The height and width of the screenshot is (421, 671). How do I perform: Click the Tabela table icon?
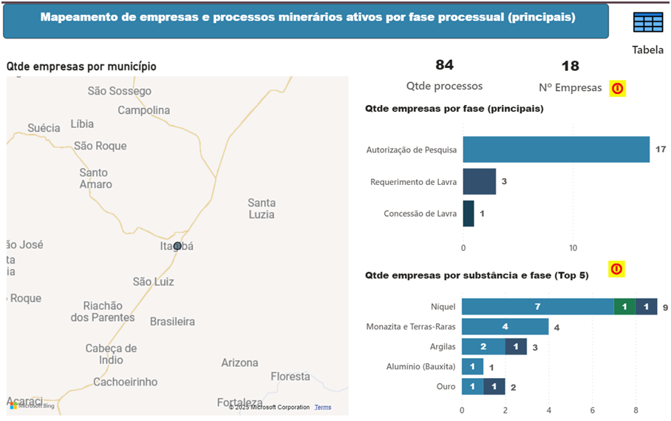pos(648,23)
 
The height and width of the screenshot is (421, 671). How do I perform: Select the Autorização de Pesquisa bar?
pos(556,149)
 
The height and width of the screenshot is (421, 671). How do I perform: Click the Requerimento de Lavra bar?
pos(479,181)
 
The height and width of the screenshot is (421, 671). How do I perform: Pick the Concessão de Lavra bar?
pos(469,214)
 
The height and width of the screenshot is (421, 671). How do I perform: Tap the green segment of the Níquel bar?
pos(624,306)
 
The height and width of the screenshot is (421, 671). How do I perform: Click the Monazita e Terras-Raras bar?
pos(505,326)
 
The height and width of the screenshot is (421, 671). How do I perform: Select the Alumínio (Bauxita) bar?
pos(472,366)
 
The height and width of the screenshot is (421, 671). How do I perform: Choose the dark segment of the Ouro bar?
pos(494,386)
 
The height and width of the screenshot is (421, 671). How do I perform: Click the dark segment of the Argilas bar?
pos(516,346)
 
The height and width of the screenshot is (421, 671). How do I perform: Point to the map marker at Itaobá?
pos(177,246)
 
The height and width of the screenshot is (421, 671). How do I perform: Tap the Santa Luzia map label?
pos(262,209)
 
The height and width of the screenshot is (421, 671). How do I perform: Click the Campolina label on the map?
pos(144,110)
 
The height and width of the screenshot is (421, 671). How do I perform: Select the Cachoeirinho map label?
pos(126,382)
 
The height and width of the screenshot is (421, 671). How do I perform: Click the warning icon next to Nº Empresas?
pos(617,89)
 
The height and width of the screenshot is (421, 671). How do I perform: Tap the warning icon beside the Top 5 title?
pos(616,269)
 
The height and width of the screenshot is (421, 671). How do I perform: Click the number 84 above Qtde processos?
pos(444,66)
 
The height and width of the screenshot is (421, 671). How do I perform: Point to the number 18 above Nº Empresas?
pos(570,66)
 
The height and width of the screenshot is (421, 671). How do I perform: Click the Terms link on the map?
pos(323,408)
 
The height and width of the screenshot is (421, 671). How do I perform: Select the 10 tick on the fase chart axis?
pos(573,246)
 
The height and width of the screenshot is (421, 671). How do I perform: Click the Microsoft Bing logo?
pos(32,405)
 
